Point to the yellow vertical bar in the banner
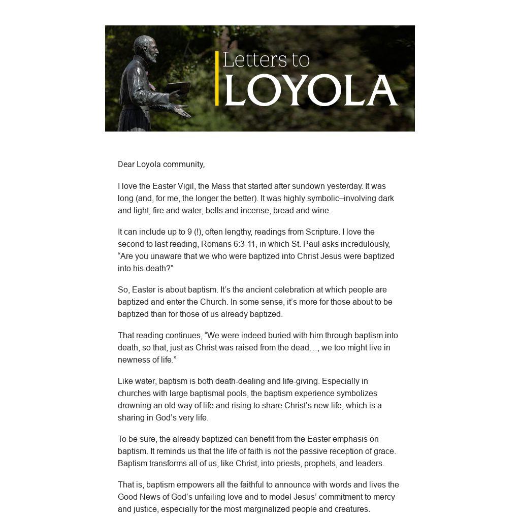click(x=217, y=78)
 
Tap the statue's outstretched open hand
click(x=181, y=110)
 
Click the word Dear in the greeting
click(x=126, y=164)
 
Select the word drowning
click(x=135, y=405)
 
